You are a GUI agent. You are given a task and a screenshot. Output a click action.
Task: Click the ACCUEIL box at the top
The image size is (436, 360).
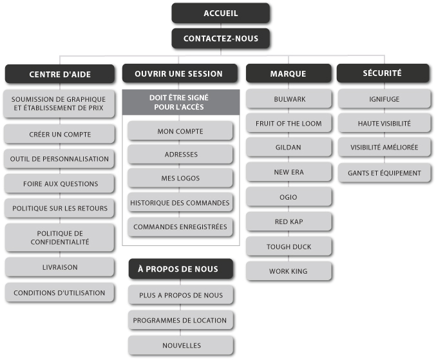(220, 14)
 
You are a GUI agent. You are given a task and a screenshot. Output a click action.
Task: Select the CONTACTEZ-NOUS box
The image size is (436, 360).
(220, 39)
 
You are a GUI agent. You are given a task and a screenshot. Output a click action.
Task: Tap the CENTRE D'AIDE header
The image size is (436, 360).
(60, 74)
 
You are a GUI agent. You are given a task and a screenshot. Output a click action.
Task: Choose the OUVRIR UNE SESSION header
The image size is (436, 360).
(179, 73)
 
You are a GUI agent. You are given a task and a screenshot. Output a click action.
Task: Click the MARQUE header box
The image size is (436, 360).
(288, 73)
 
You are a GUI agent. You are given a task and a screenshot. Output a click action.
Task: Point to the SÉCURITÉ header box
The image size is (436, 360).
(383, 73)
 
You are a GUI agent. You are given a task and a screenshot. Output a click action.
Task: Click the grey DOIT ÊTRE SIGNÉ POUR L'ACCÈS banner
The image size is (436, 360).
(180, 102)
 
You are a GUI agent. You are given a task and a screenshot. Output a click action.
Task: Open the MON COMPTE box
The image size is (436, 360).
(180, 131)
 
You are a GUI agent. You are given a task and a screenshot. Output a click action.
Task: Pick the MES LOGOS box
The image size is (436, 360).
(180, 178)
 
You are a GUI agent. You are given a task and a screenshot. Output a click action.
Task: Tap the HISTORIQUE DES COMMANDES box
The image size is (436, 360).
(180, 203)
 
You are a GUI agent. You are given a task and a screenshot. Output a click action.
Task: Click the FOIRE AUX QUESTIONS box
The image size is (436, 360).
(60, 184)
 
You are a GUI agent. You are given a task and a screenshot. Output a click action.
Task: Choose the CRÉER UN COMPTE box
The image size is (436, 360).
(60, 134)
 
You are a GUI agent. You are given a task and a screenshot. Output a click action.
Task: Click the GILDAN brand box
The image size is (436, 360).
(288, 147)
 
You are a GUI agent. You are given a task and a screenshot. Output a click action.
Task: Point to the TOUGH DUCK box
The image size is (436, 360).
(288, 247)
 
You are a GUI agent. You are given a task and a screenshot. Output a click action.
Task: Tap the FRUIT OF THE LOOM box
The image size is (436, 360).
(288, 123)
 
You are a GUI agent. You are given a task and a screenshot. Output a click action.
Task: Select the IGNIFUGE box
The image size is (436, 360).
(384, 100)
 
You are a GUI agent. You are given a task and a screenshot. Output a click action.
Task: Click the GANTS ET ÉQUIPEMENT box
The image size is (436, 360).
(384, 173)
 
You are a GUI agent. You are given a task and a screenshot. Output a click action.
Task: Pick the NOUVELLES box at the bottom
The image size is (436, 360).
(180, 345)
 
